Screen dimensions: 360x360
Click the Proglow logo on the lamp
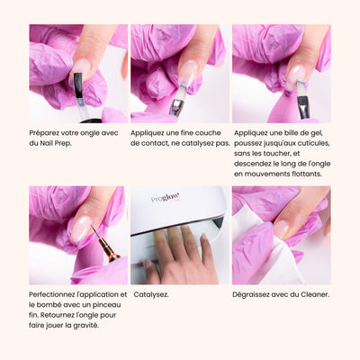pyautogui.click(x=166, y=198)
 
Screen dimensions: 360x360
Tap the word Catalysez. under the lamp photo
pyautogui.click(x=151, y=294)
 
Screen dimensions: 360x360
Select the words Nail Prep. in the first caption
pyautogui.click(x=56, y=143)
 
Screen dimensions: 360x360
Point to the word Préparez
pyautogui.click(x=44, y=133)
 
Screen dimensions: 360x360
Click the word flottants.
pyautogui.click(x=307, y=174)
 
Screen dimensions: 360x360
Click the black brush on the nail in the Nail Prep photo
pyautogui.click(x=78, y=85)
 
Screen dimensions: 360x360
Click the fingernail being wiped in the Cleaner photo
pyautogui.click(x=281, y=229)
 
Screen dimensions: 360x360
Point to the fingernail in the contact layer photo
pyautogui.click(x=187, y=73)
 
